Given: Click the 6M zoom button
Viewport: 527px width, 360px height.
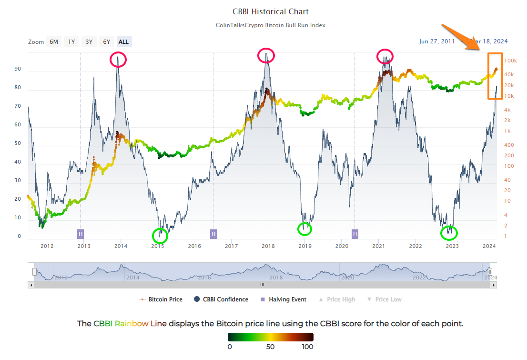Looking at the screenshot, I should [54, 41].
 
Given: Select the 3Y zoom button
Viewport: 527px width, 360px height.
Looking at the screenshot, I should [89, 41].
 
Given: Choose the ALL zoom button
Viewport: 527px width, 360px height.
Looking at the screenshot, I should [123, 41].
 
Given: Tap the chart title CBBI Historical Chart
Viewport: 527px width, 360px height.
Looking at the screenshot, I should [270, 11].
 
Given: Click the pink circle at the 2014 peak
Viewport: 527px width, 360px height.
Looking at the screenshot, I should [118, 60].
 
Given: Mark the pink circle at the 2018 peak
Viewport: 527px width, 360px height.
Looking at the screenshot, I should [266, 55].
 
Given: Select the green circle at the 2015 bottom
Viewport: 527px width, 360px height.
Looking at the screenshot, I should [160, 235].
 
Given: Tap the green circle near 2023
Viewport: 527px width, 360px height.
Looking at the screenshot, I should [449, 233].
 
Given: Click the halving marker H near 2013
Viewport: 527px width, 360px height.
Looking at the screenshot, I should [81, 234].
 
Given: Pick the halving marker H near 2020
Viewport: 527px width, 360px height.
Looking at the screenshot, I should [355, 234].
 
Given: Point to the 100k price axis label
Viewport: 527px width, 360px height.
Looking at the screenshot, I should [511, 61].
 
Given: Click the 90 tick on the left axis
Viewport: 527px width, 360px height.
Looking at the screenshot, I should [18, 69].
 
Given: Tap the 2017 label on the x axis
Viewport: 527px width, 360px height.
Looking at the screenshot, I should [232, 246].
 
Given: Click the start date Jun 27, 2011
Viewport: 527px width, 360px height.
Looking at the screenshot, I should [437, 41].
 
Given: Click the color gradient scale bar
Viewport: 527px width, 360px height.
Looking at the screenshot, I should [270, 337].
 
